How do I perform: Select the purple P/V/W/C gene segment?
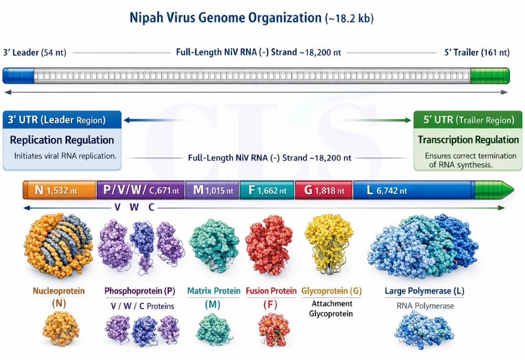[x=141, y=190]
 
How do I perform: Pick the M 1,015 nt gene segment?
[x=212, y=190]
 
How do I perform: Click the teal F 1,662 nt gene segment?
[x=267, y=190]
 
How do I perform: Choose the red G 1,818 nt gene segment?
[x=323, y=190]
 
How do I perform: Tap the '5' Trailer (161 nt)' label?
[x=476, y=52]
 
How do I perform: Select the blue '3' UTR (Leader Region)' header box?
[x=62, y=120]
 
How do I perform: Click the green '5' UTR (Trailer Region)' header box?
[x=468, y=120]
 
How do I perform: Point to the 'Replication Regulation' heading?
[x=62, y=140]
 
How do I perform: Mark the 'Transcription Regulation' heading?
[x=468, y=140]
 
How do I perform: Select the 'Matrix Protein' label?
[x=214, y=291]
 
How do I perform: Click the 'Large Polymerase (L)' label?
[x=424, y=291]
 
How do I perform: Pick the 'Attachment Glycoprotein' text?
[x=331, y=309]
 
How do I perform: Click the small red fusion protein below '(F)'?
[x=274, y=331]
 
